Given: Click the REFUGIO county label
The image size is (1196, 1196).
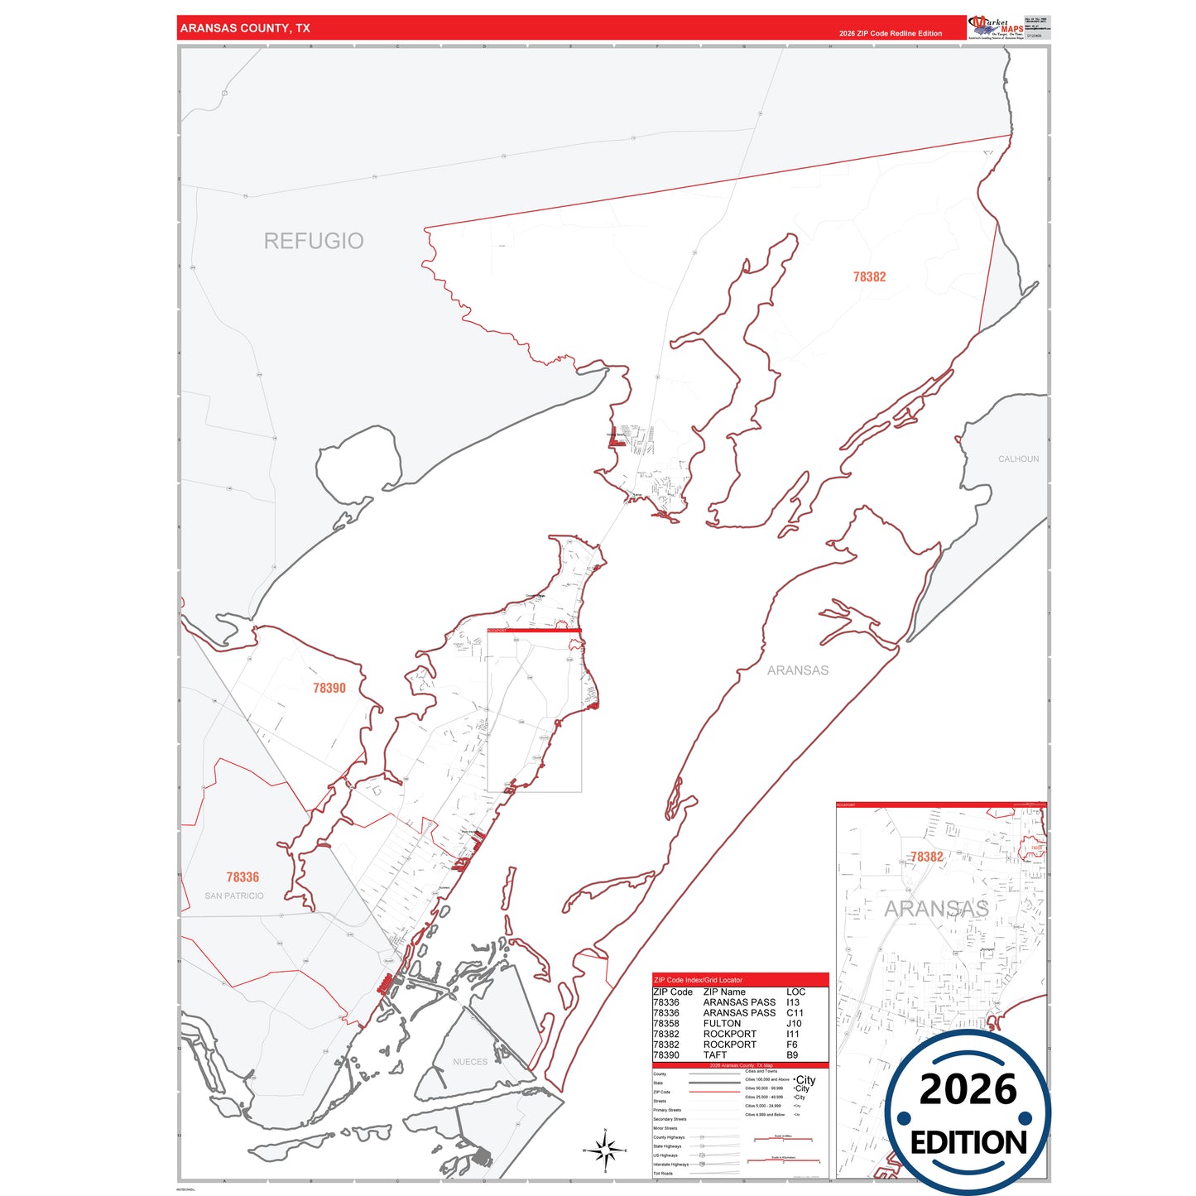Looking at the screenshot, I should (314, 241).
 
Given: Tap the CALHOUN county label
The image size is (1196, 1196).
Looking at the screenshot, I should (1018, 459).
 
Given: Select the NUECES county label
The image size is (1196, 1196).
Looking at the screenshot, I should (470, 1062).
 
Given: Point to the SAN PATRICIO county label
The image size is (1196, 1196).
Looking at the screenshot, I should (234, 896).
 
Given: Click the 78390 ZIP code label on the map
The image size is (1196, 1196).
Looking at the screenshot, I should (329, 688).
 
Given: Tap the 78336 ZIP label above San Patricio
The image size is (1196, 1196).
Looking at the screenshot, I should (243, 877).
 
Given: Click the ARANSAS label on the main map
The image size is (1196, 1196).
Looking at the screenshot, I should (797, 670).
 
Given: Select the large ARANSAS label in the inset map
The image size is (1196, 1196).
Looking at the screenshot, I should (936, 909).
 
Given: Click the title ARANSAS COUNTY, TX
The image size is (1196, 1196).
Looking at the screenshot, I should (245, 28).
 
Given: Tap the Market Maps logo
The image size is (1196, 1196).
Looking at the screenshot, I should (996, 27).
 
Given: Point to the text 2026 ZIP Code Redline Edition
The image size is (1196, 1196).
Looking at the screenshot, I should (891, 34).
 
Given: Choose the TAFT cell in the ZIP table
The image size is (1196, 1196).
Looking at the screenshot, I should (714, 1055).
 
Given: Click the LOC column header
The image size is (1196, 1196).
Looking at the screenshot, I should (795, 992).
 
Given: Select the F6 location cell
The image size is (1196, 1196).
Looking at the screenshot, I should (792, 1045).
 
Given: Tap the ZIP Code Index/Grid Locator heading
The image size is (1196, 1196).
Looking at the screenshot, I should (698, 980).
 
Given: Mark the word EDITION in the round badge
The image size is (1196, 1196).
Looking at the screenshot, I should (968, 1143).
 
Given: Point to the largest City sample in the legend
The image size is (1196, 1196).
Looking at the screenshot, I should (805, 1080).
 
